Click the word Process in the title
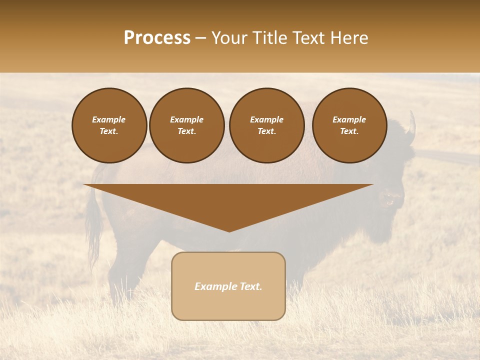pyautogui.click(x=157, y=38)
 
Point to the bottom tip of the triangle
pyautogui.click(x=229, y=230)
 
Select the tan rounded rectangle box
pyautogui.click(x=228, y=300)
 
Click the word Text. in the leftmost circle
pyautogui.click(x=109, y=131)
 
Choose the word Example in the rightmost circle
pyautogui.click(x=349, y=119)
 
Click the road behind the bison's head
pyautogui.click(x=445, y=156)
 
